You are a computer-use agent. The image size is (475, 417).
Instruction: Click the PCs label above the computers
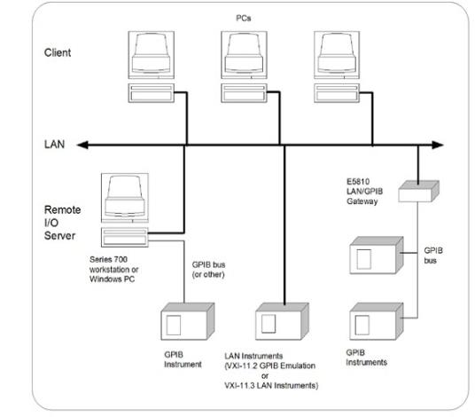(x=243, y=19)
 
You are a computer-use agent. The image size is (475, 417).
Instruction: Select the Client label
(x=58, y=52)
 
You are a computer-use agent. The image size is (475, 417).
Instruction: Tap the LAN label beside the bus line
(x=55, y=145)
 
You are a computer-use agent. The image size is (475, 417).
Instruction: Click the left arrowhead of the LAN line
(x=82, y=145)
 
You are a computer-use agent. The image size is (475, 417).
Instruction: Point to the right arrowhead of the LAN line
(x=438, y=145)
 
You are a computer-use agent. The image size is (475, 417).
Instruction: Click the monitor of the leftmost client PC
(x=152, y=55)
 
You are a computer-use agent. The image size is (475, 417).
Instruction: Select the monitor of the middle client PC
(x=244, y=55)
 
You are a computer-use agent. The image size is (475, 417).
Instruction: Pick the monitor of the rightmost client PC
(x=337, y=55)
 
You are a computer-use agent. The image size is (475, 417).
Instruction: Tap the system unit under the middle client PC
(x=244, y=93)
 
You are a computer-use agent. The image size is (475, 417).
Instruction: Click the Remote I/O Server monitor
(x=125, y=198)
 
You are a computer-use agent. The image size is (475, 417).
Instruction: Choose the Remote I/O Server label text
(x=62, y=223)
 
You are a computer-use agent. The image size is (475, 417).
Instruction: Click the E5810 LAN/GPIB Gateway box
(x=418, y=192)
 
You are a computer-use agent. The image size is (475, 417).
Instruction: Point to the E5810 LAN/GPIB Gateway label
(x=365, y=192)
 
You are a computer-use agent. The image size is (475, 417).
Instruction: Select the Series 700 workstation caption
(x=114, y=269)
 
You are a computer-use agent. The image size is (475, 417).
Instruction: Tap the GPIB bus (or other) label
(x=208, y=270)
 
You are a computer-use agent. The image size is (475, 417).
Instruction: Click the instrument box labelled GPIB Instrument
(x=188, y=321)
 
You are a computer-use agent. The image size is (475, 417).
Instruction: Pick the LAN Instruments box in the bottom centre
(x=282, y=321)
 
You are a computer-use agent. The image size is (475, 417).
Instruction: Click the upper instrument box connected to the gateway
(x=377, y=256)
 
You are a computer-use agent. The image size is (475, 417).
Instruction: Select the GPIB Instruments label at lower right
(x=367, y=358)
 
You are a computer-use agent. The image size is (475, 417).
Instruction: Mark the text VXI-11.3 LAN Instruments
(x=271, y=385)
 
